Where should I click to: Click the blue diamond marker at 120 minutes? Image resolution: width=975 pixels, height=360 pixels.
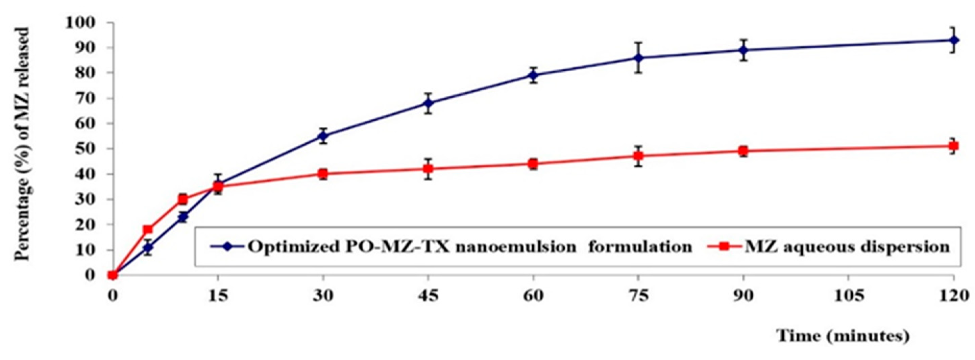pyautogui.click(x=953, y=40)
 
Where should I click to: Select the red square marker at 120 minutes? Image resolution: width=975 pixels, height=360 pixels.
pyautogui.click(x=953, y=146)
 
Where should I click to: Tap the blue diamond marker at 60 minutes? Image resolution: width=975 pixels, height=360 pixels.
pyautogui.click(x=533, y=75)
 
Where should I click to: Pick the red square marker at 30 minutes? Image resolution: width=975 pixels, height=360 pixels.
pyautogui.click(x=323, y=174)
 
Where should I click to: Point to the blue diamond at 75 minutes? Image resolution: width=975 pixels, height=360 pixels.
pyautogui.click(x=638, y=57)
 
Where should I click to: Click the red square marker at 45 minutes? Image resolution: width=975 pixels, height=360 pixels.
pyautogui.click(x=428, y=168)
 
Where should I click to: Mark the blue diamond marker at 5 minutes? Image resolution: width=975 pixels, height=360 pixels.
pyautogui.click(x=148, y=247)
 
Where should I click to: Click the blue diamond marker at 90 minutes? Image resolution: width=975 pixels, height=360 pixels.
pyautogui.click(x=744, y=50)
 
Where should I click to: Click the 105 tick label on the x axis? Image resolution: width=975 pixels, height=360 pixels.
pyautogui.click(x=848, y=296)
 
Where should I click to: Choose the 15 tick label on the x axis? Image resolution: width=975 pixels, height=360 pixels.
pyautogui.click(x=218, y=296)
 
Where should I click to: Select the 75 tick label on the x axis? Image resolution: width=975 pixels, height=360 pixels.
pyautogui.click(x=638, y=296)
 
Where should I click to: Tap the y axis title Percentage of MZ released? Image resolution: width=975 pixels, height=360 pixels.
pyautogui.click(x=22, y=144)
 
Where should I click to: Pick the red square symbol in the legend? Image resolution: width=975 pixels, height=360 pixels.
pyautogui.click(x=723, y=246)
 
